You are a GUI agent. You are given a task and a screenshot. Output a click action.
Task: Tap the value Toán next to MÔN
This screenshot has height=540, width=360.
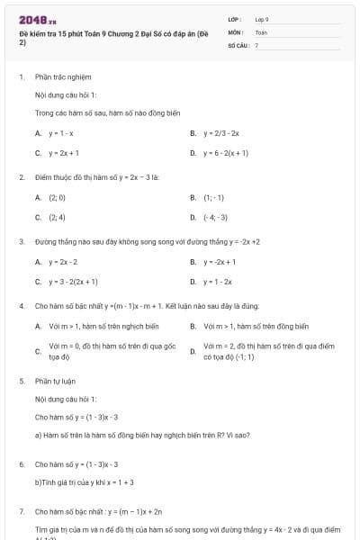pyautogui.click(x=261, y=31)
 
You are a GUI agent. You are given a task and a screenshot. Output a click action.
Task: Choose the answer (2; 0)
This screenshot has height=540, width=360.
pyautogui.click(x=57, y=197)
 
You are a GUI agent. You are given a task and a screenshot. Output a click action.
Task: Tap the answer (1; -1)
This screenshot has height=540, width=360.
pyautogui.click(x=213, y=197)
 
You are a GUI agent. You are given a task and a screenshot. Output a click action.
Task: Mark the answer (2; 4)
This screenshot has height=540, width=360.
pyautogui.click(x=57, y=217)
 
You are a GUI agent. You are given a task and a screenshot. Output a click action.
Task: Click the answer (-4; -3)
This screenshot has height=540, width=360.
pyautogui.click(x=215, y=217)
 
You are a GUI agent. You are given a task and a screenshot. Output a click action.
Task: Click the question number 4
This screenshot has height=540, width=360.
pyautogui.click(x=21, y=306)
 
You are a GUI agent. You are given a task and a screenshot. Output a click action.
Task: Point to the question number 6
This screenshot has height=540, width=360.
pyautogui.click(x=21, y=463)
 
